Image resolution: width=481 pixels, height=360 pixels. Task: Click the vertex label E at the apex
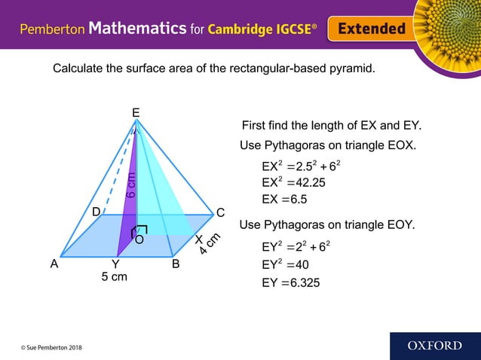click(136, 113)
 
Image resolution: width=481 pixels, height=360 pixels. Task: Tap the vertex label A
click(54, 264)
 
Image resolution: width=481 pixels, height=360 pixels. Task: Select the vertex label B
click(175, 264)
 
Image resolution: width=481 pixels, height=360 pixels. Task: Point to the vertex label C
click(220, 213)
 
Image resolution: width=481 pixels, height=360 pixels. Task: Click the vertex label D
click(96, 213)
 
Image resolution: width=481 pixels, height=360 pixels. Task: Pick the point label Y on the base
click(115, 264)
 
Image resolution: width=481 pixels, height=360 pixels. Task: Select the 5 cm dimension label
click(114, 277)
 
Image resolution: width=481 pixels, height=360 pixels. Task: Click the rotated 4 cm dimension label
click(209, 243)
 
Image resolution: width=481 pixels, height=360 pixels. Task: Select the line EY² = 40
click(285, 264)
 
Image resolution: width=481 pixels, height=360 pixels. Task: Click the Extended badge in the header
click(371, 29)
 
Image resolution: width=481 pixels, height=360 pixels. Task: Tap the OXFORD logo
click(435, 346)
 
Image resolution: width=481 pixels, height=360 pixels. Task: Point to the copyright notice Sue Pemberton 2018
click(52, 347)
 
